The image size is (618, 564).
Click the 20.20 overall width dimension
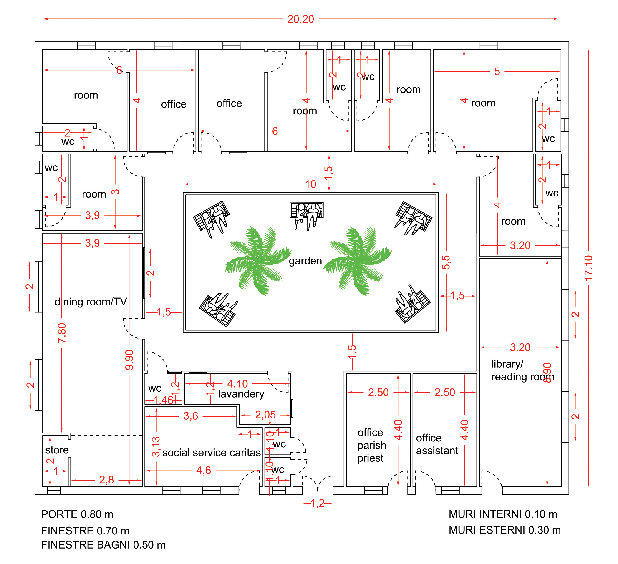(300, 19)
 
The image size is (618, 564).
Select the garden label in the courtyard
(305, 261)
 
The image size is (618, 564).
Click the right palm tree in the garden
(357, 261)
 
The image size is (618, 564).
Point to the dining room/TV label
(91, 302)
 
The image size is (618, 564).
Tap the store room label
(57, 450)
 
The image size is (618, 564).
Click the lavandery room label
(241, 394)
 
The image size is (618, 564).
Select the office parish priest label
(371, 445)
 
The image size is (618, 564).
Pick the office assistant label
(437, 444)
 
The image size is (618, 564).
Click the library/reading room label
(522, 370)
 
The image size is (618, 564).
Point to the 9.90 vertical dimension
(129, 360)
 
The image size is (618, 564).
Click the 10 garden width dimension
(310, 184)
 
